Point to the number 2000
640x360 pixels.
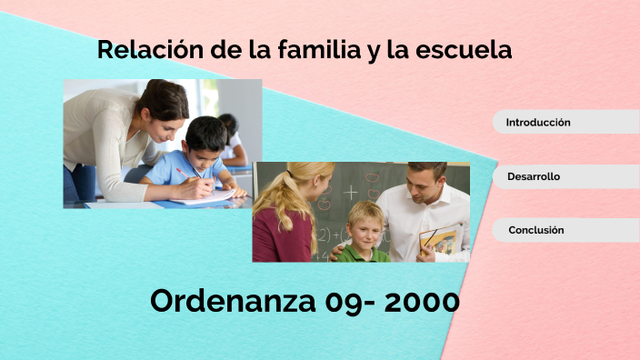tap(422, 302)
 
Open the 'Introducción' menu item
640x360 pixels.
tap(538, 122)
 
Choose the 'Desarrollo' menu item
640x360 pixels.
tap(534, 176)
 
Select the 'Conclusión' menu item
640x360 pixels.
tap(536, 230)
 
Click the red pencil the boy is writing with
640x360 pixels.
tap(187, 172)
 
